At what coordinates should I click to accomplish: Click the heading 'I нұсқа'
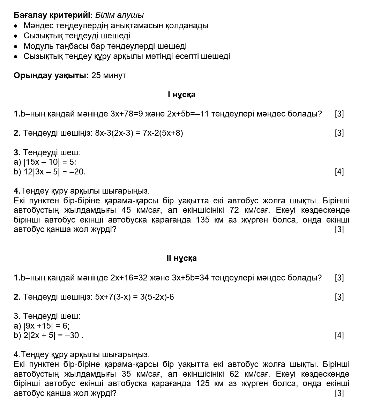click(x=181, y=95)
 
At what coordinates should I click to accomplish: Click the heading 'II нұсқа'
click(x=181, y=258)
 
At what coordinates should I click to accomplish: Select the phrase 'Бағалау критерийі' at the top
click(x=52, y=15)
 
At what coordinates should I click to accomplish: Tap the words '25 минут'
click(x=109, y=75)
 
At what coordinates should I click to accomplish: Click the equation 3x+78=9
click(x=127, y=114)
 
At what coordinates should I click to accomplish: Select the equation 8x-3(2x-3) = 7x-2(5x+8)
click(x=139, y=133)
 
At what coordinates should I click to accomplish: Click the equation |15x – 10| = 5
click(x=50, y=162)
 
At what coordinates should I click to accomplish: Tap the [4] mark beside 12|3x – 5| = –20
click(x=339, y=172)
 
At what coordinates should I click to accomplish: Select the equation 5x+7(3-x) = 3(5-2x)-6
click(x=134, y=297)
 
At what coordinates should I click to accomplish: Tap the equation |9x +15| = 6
click(x=46, y=326)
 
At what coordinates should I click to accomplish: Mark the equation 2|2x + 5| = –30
click(x=52, y=335)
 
